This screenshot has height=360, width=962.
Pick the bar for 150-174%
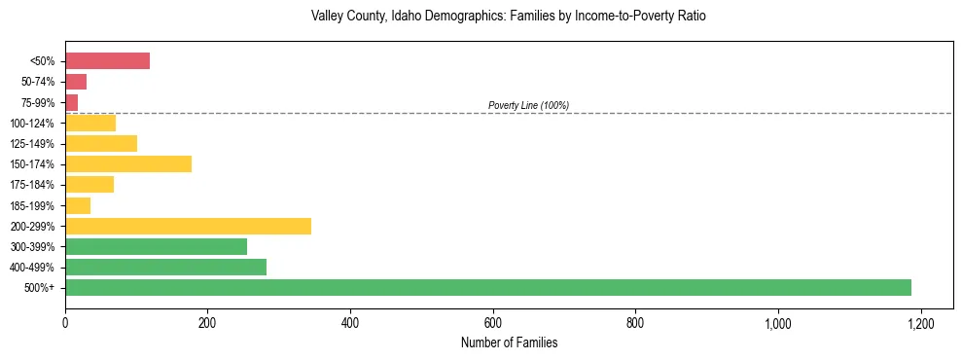click(x=128, y=163)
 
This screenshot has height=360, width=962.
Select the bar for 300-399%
click(x=156, y=246)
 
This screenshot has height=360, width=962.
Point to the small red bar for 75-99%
click(x=71, y=102)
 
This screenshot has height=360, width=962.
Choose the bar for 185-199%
click(x=78, y=205)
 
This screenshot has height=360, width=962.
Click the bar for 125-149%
click(x=101, y=143)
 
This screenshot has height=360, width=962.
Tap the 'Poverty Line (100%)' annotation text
click(x=528, y=105)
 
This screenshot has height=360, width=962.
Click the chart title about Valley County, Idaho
click(x=509, y=17)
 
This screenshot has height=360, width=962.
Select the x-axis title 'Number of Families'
click(x=509, y=342)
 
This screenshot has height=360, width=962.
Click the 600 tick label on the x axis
click(x=493, y=322)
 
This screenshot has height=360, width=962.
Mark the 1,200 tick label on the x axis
click(x=920, y=322)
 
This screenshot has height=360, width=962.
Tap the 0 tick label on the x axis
click(x=65, y=322)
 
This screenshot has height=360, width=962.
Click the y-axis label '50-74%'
click(x=39, y=82)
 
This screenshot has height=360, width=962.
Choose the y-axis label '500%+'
click(x=40, y=288)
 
